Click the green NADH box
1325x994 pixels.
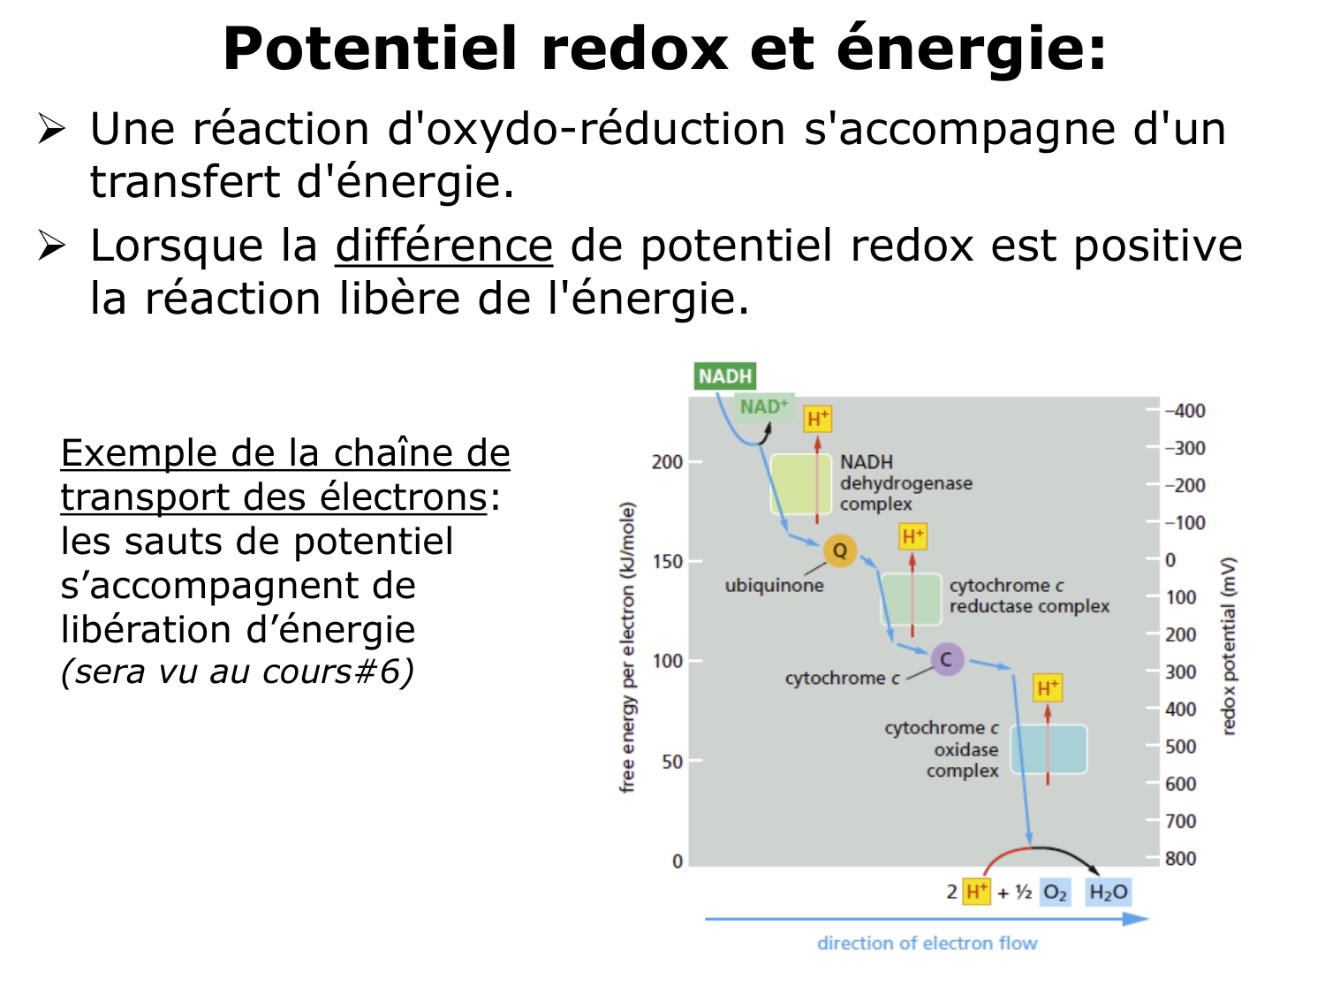pos(725,376)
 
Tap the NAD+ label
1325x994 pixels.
pos(764,407)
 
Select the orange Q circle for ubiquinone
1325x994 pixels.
pos(839,550)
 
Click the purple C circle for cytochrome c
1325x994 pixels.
pos(946,659)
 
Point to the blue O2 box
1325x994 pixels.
pos(1055,892)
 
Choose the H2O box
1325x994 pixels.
pos(1108,892)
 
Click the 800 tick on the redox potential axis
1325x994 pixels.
pos(1180,858)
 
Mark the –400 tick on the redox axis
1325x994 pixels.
pos(1185,411)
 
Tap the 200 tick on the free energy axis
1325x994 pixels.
pos(667,462)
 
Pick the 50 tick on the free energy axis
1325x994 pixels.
pos(672,762)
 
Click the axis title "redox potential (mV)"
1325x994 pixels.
pos(1228,646)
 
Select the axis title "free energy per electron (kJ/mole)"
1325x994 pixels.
pos(627,647)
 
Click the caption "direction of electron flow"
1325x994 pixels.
pos(927,944)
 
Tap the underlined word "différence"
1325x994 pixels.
pos(444,246)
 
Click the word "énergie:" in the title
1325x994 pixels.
pos(971,49)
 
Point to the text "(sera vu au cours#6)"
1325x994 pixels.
pos(237,672)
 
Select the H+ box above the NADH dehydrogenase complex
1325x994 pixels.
pos(818,418)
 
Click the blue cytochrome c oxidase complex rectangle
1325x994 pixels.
pos(1049,749)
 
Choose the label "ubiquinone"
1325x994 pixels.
pos(774,585)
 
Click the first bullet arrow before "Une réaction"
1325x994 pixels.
pos(51,130)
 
